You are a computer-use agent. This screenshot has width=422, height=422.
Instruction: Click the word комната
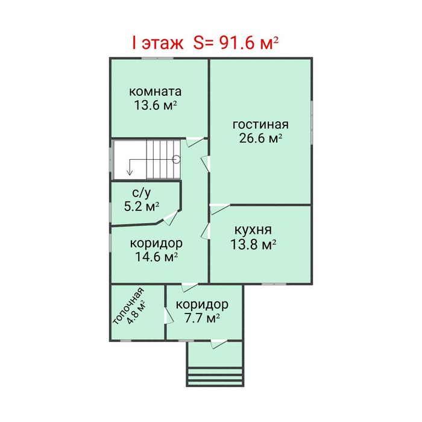(x=156, y=92)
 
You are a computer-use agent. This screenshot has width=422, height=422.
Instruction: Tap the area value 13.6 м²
(x=156, y=105)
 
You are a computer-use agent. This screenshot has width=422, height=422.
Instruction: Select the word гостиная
(x=260, y=125)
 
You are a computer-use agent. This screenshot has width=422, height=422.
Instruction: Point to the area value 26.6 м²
(x=260, y=138)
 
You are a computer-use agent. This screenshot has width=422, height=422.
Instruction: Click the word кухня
(x=253, y=230)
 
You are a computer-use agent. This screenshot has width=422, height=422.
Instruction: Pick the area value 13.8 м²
(x=253, y=245)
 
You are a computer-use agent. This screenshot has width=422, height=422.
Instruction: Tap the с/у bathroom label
(x=142, y=193)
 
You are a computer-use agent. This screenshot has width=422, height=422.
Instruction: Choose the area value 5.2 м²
(x=142, y=206)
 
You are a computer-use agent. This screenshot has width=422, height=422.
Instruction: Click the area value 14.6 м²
(x=156, y=257)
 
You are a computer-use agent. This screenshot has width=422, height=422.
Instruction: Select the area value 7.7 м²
(x=202, y=318)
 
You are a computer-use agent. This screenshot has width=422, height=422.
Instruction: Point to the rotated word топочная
(x=128, y=306)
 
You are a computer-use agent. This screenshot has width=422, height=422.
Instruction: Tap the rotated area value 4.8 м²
(x=136, y=312)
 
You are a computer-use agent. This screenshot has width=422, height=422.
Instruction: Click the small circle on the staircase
(x=176, y=159)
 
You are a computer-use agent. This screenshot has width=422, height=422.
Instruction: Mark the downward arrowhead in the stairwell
(x=130, y=172)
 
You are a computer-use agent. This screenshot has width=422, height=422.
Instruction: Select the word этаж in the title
(x=162, y=43)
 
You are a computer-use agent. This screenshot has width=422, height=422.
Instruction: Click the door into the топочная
(x=169, y=315)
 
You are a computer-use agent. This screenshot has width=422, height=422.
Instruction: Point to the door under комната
(x=195, y=142)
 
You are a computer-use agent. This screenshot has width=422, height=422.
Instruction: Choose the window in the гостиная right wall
(x=312, y=122)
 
